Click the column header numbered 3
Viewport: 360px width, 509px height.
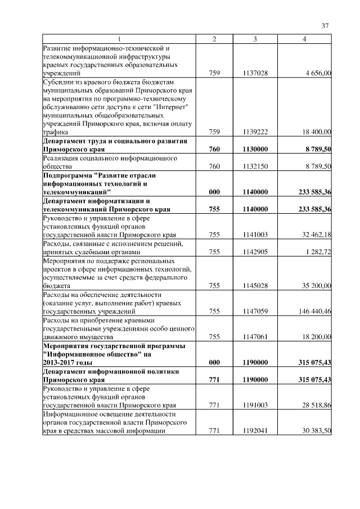point(255,39)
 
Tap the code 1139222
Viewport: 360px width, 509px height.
point(255,132)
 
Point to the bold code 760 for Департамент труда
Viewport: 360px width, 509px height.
point(214,150)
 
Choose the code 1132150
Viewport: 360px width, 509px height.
point(255,166)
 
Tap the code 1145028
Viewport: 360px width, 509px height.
point(255,286)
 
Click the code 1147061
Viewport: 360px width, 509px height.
point(255,336)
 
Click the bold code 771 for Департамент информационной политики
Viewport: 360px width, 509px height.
point(214,380)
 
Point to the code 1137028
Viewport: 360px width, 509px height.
point(255,73)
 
